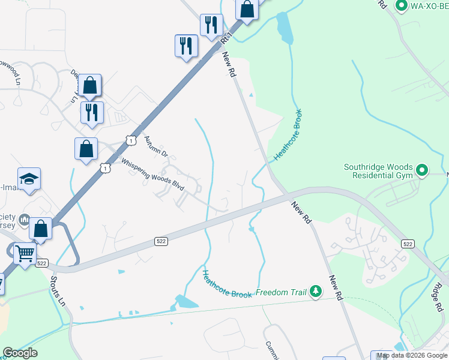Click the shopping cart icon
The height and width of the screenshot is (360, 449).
(25, 254)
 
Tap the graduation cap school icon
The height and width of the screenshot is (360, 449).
(29, 179)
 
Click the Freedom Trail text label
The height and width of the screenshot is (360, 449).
(281, 293)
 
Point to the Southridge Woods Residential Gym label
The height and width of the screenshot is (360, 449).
(378, 172)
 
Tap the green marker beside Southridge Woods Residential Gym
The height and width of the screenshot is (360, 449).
(421, 171)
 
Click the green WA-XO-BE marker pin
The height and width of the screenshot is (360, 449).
(402, 6)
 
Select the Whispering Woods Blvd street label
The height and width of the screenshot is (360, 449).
(152, 175)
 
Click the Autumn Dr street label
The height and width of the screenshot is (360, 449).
(155, 148)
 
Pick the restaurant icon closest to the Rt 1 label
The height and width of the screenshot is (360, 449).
(211, 25)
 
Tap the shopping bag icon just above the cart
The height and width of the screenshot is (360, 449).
(41, 229)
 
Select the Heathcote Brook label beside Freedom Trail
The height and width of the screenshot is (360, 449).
(227, 284)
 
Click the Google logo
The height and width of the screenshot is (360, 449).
(20, 353)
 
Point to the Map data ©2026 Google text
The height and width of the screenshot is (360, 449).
(412, 356)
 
